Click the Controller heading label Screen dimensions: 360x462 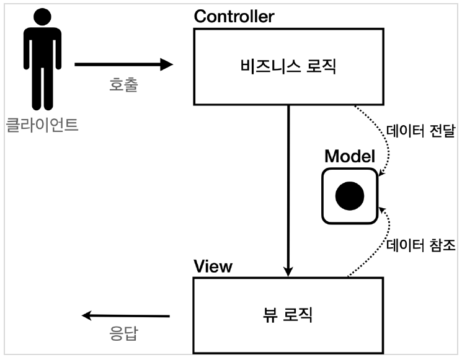coord(234,17)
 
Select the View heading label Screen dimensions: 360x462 coord(213,267)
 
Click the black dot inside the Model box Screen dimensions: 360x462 coord(349,196)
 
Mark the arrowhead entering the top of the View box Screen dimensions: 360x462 coord(288,271)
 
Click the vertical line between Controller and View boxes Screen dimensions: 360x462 coord(288,186)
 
